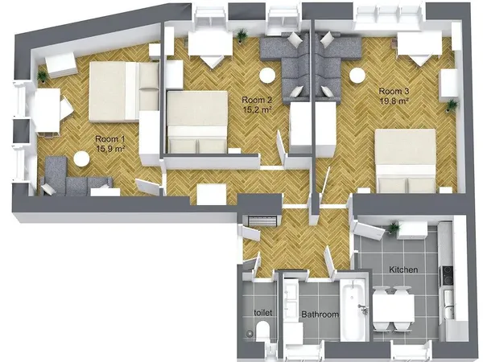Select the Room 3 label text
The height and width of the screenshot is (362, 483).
(x=394, y=91)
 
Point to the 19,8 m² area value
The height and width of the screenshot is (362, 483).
(x=394, y=102)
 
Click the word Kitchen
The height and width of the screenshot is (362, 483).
(x=402, y=269)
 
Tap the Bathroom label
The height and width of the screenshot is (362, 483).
(x=320, y=314)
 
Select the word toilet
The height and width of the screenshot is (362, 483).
(x=263, y=311)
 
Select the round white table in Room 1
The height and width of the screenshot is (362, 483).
(x=82, y=159)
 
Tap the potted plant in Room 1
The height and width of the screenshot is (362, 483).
(x=42, y=74)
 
